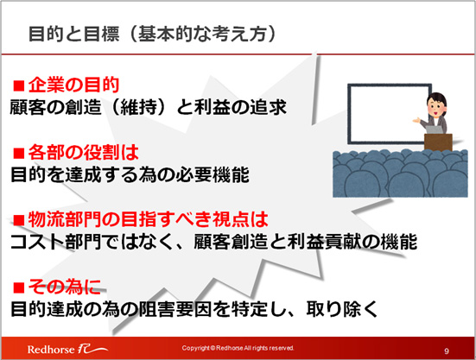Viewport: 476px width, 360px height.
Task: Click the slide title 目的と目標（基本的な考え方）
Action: [152, 34]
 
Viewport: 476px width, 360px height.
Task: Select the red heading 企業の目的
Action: [73, 85]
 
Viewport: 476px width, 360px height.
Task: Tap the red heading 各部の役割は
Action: [84, 153]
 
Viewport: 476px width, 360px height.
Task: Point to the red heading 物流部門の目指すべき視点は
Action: [148, 219]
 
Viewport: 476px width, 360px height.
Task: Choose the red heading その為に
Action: [64, 287]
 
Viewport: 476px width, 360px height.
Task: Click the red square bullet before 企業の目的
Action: [18, 85]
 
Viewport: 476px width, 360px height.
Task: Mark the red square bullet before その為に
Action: [18, 287]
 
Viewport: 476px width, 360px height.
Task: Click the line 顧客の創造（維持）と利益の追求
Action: [148, 107]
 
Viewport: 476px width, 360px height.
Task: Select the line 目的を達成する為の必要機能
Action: [130, 174]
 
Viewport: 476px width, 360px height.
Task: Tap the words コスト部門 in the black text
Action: [56, 242]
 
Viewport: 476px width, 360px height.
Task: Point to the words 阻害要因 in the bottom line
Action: [175, 309]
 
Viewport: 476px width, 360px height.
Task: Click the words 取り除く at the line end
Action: [342, 309]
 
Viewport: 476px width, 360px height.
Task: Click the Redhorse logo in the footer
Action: [67, 349]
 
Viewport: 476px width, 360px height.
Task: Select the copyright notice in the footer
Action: [238, 348]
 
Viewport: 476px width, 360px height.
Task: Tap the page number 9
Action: [447, 351]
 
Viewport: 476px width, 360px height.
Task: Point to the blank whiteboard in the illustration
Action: [389, 114]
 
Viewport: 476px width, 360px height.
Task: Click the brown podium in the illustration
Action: [438, 142]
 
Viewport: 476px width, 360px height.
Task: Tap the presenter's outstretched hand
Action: [416, 121]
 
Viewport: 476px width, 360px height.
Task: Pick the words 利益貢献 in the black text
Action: [324, 242]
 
